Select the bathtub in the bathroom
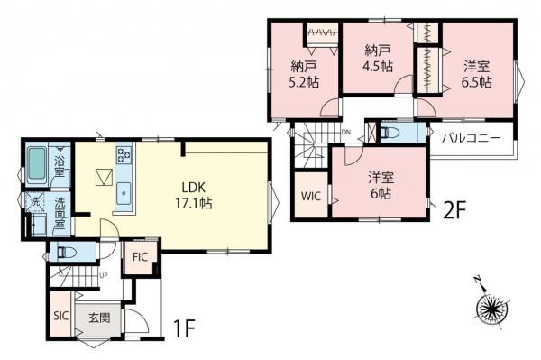[35, 163]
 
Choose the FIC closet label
[140, 256]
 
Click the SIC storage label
[60, 315]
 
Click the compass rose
[492, 308]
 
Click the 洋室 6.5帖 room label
[477, 73]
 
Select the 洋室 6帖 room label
[379, 184]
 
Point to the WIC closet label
[309, 196]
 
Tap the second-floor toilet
[391, 132]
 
